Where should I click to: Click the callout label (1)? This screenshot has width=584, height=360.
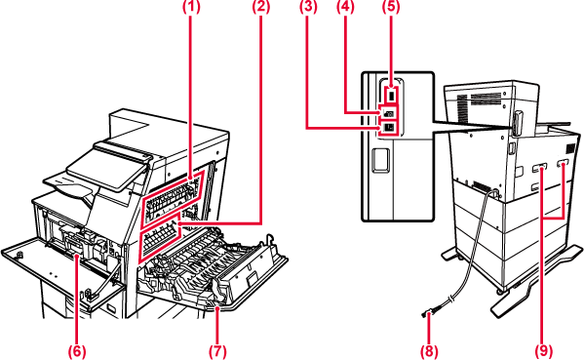(x=191, y=8)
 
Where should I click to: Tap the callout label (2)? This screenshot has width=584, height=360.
(x=260, y=8)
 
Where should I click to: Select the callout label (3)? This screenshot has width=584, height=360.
(x=308, y=8)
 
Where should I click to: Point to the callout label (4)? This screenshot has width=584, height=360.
(x=346, y=8)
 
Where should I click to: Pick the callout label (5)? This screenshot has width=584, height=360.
(x=391, y=8)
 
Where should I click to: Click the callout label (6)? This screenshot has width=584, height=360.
(x=77, y=351)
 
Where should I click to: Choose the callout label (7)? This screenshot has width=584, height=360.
(x=217, y=351)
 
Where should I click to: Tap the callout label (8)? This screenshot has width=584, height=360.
(x=429, y=351)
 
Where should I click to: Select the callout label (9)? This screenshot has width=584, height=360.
(x=544, y=351)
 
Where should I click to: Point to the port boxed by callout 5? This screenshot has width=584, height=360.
(x=391, y=96)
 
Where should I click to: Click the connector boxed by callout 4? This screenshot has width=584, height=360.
(x=388, y=113)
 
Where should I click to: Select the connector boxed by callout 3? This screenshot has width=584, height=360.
(x=388, y=128)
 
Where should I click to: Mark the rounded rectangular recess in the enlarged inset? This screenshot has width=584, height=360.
(x=380, y=161)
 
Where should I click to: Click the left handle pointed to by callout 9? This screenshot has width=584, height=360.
(x=539, y=170)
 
